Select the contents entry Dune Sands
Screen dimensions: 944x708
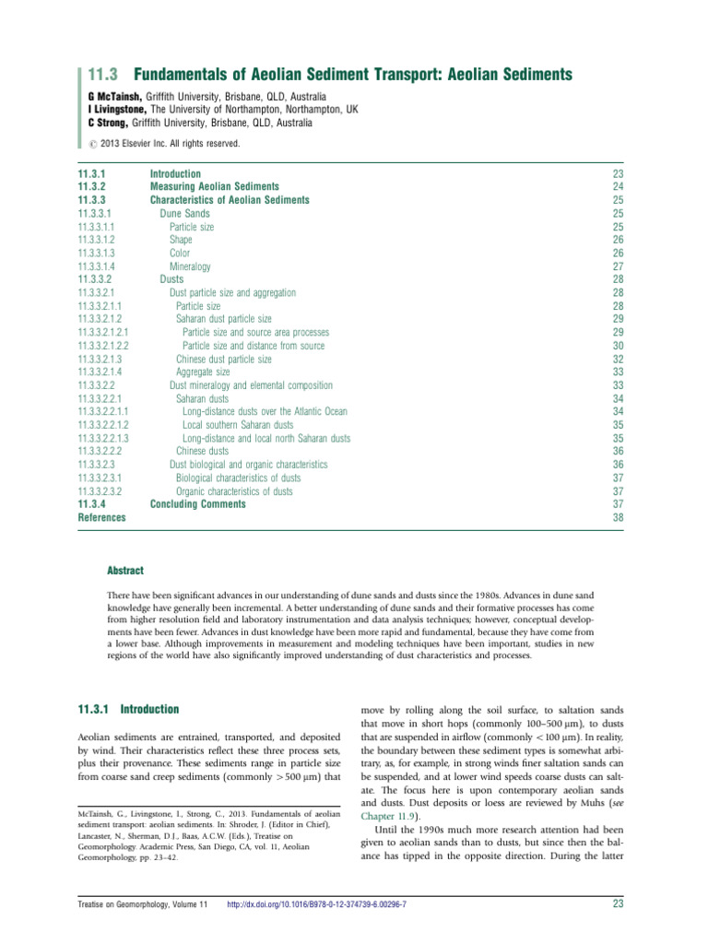(x=191, y=213)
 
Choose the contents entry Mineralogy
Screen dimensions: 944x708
(x=190, y=266)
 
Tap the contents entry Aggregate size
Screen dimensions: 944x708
(x=203, y=372)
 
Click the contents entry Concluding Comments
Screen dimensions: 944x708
(x=198, y=504)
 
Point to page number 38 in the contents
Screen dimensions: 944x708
(x=618, y=518)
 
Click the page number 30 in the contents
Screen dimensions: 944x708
(x=618, y=346)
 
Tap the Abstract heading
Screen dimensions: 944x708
(x=125, y=572)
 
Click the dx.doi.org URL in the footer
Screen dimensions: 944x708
(x=317, y=929)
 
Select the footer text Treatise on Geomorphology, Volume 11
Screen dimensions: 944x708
(x=145, y=929)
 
